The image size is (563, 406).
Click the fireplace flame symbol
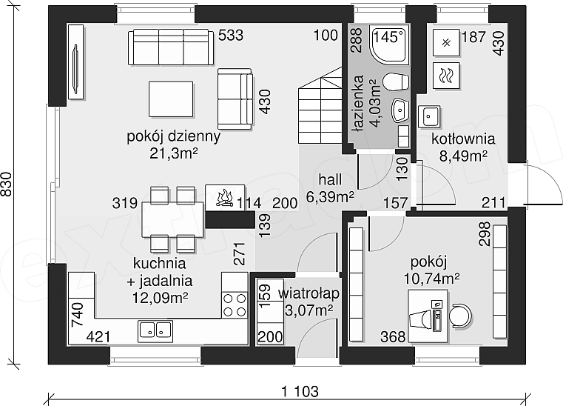tap(224, 197)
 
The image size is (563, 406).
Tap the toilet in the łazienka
tap(395, 81)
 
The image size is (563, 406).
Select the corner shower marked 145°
tap(389, 45)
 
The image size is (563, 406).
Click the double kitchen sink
tap(155, 331)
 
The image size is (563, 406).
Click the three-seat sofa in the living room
tap(171, 47)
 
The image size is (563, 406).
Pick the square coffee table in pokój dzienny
tap(171, 99)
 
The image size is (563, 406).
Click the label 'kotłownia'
tap(463, 139)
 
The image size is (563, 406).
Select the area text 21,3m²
tap(174, 153)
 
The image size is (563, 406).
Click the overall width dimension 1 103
tap(300, 391)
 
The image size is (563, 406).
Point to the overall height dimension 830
tap(7, 184)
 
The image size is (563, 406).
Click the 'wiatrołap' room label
tap(309, 293)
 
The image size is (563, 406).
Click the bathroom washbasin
tap(400, 110)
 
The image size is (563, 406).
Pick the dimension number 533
tap(231, 36)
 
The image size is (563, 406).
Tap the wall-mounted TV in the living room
tap(75, 62)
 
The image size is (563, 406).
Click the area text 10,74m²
tap(432, 279)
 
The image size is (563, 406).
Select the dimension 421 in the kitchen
tap(98, 337)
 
